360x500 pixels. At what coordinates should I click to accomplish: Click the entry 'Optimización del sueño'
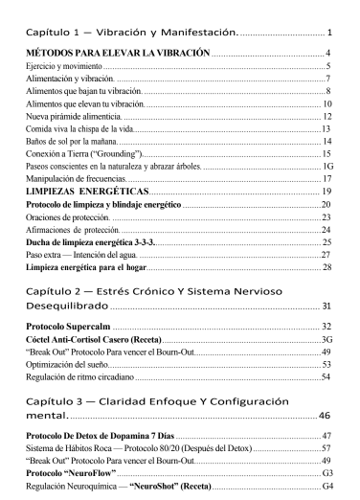[x=68, y=365]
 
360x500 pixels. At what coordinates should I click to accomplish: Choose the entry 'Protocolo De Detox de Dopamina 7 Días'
[x=104, y=435]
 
